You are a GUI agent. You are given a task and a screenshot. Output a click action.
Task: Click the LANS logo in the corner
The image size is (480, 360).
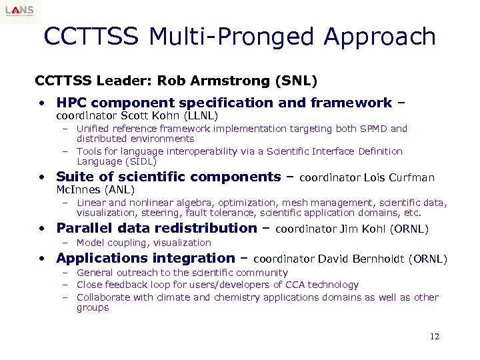tap(21, 11)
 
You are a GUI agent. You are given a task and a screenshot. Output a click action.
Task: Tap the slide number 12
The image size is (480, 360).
tap(435, 337)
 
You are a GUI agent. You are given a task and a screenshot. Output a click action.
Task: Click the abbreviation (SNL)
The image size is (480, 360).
tap(295, 81)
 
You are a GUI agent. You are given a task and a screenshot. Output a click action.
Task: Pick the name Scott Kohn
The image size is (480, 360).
tap(143, 115)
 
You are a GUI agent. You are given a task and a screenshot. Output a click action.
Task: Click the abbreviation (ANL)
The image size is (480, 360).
tap(113, 190)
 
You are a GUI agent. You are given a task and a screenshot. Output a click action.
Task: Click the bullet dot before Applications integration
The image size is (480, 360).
tap(42, 259)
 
